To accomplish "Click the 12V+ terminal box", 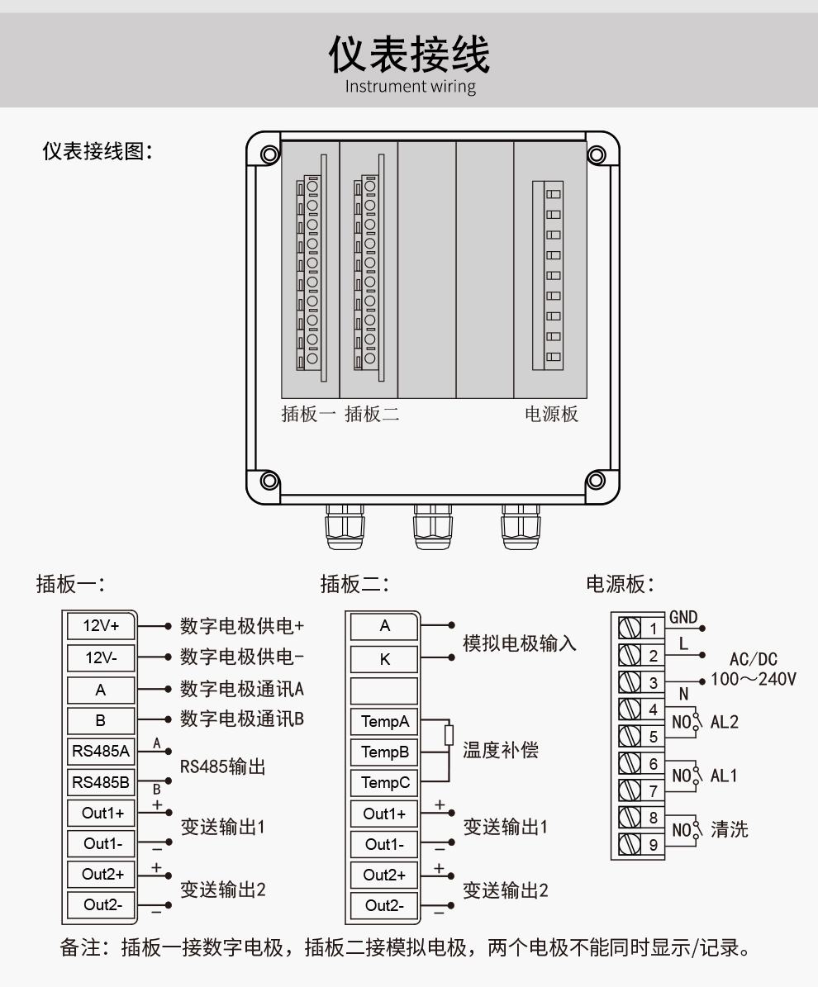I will tap(102, 626).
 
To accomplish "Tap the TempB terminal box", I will tap(385, 752).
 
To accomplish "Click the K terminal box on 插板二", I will tap(385, 659).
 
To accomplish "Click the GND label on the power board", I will tap(683, 617).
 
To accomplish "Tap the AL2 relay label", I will tap(725, 721).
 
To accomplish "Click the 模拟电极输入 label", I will tap(520, 643).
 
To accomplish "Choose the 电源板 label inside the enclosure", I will tap(552, 415).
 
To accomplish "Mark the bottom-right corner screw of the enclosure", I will tap(594, 480).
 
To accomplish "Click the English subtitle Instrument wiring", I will tap(409, 86).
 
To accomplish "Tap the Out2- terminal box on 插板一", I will tap(102, 905).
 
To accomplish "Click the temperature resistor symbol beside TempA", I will tap(449, 734).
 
